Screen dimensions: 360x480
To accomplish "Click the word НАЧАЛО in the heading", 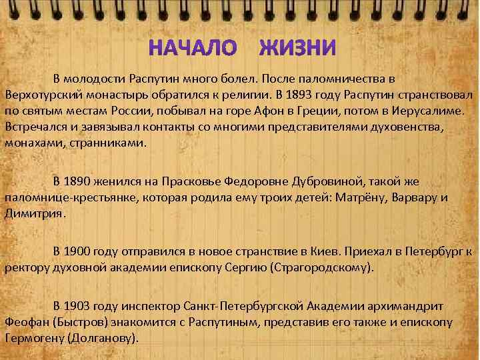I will (x=192, y=48).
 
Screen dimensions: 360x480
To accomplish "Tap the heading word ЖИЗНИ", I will (x=297, y=48).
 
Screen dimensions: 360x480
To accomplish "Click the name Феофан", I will (x=24, y=322).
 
